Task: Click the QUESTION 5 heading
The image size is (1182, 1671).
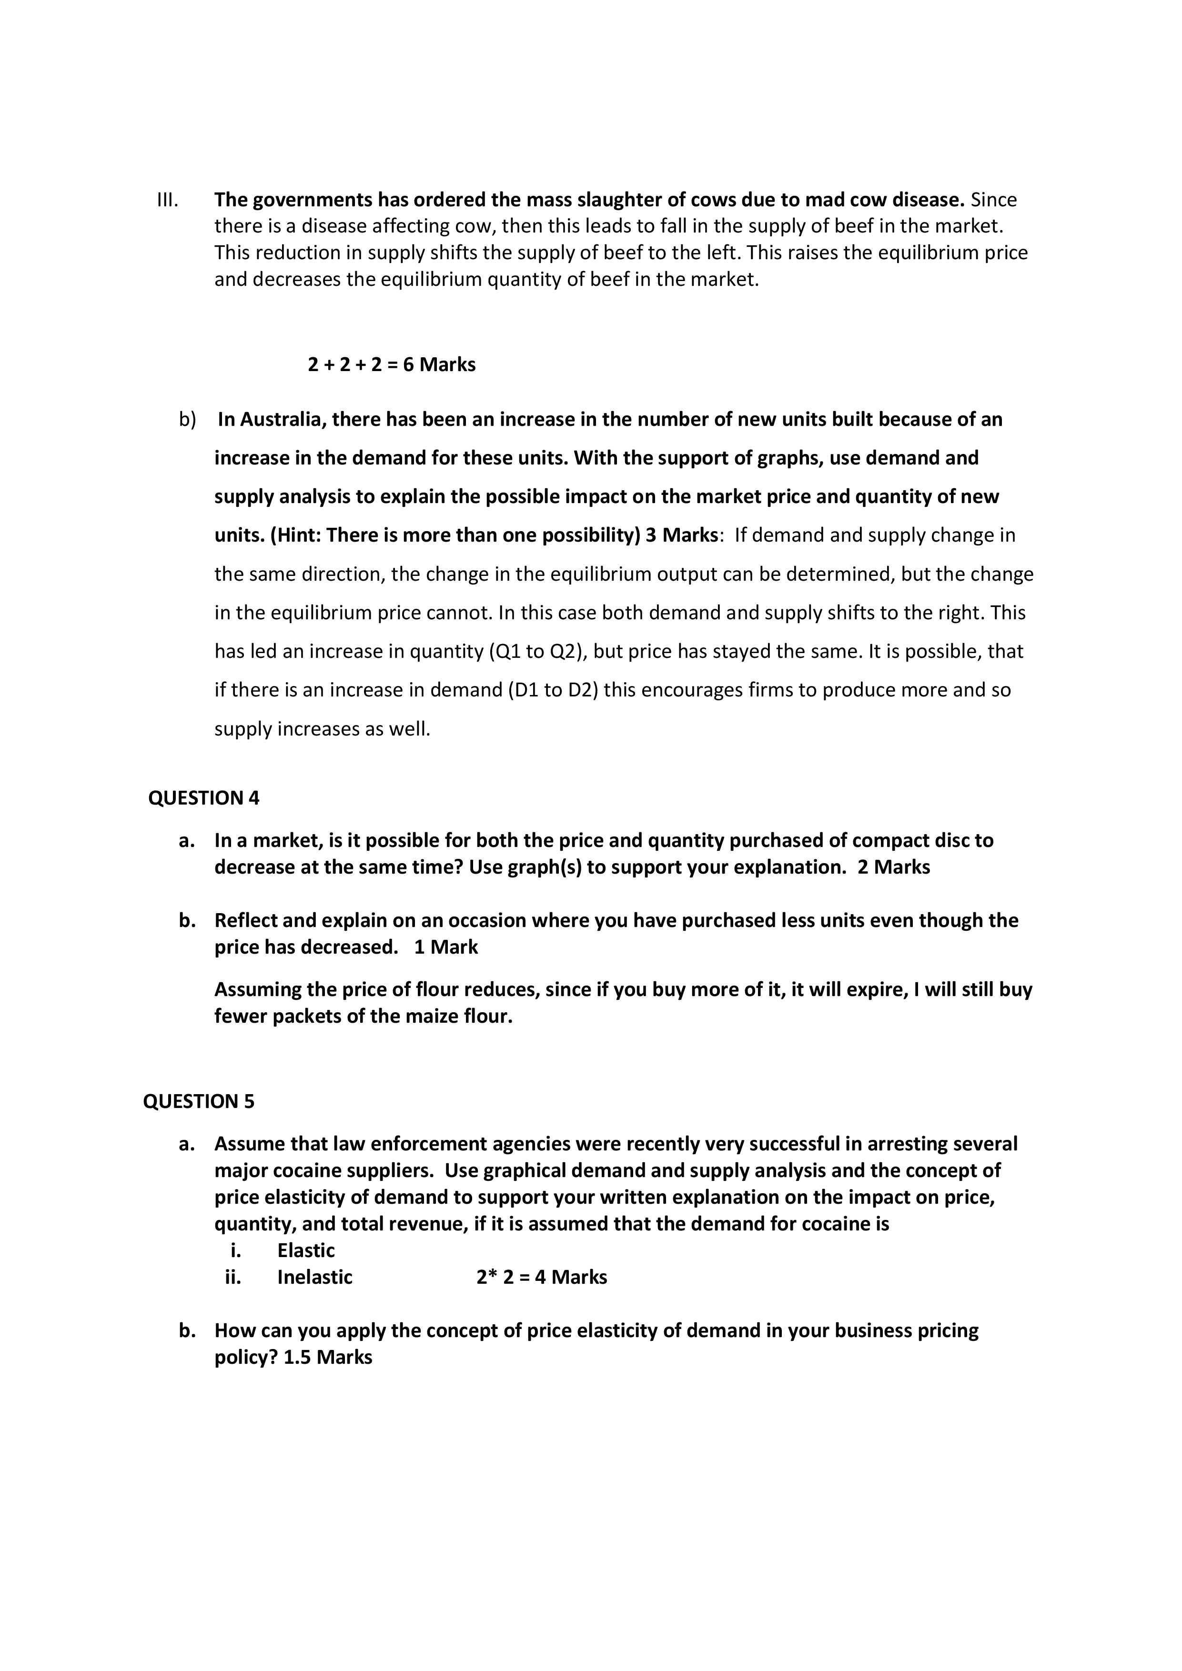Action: click(x=199, y=1102)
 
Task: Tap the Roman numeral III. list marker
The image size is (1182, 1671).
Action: click(x=167, y=200)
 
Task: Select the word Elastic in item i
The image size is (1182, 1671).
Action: click(x=306, y=1251)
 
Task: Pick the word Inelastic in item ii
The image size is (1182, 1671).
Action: click(x=314, y=1277)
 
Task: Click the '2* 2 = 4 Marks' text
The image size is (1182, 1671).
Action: click(x=542, y=1277)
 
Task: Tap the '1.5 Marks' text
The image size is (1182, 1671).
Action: click(x=327, y=1357)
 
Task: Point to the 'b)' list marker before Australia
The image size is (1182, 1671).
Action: click(x=188, y=420)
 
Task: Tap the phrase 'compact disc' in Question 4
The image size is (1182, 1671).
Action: click(x=910, y=841)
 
